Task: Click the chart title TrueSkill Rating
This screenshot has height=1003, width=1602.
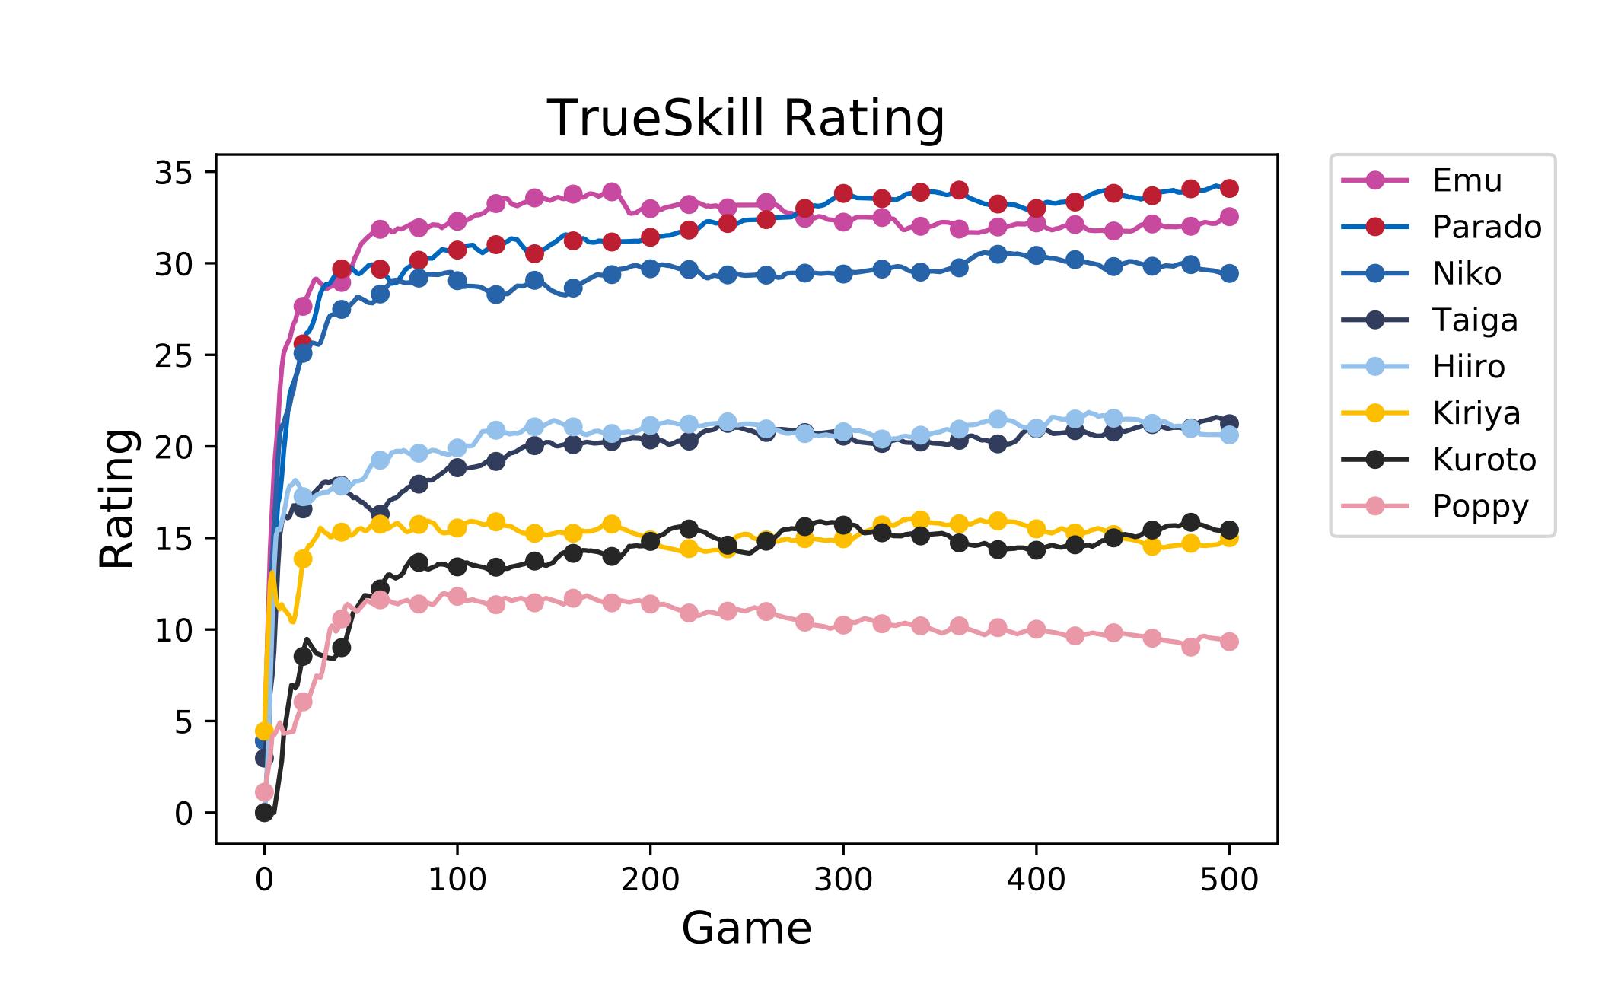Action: coord(745,119)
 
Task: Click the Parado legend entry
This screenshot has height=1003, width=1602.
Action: coord(1486,228)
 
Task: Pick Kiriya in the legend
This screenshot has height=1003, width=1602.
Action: coord(1476,413)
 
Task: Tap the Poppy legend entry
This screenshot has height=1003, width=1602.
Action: coord(1479,506)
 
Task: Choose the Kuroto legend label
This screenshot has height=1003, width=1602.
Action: coord(1483,460)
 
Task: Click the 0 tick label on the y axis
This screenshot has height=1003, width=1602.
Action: coord(183,814)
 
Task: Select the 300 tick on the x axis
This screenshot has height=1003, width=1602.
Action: coord(842,880)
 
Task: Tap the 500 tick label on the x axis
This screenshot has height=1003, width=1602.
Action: coord(1228,880)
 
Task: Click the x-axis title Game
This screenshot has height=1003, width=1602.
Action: coord(746,928)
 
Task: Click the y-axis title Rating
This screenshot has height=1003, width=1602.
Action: coord(117,498)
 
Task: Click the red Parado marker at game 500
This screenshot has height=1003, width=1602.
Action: coord(1229,188)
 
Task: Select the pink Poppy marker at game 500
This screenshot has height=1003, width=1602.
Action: coord(1229,642)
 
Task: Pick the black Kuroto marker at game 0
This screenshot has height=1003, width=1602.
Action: coord(264,813)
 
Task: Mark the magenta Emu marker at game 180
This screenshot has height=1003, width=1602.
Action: coord(611,192)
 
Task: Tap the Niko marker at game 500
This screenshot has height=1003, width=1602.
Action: coord(1229,273)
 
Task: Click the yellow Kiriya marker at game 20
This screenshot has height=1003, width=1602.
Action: coord(303,559)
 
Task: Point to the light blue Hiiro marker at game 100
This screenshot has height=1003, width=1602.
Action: coord(457,447)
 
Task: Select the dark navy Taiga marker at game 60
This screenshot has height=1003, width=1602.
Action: coord(380,513)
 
